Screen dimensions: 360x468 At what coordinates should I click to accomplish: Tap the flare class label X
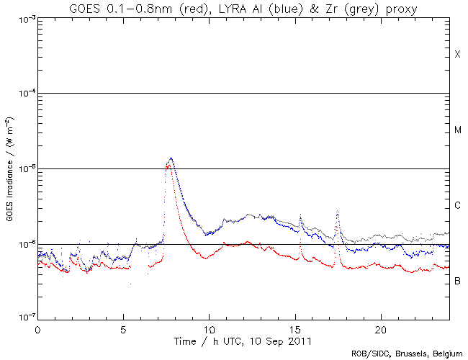coord(457,55)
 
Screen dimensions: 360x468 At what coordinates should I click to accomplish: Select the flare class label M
coord(457,130)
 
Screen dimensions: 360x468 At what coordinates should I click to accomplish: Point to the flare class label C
coord(457,206)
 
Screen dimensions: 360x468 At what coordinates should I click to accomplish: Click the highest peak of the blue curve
coord(171,158)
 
